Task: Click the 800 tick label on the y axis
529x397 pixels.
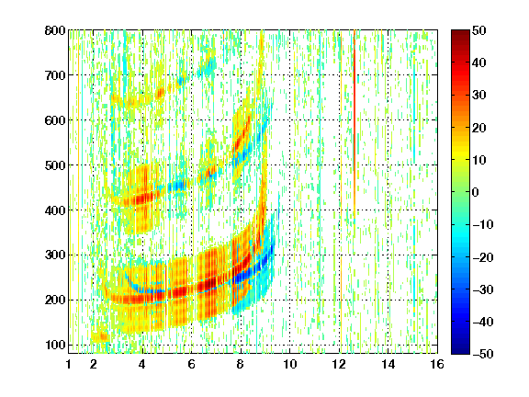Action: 55,30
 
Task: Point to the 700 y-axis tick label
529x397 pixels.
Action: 55,75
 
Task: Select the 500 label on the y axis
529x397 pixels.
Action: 55,165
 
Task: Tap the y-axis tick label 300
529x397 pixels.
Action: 55,255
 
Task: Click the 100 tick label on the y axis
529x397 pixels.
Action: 55,345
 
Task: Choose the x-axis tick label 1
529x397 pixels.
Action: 69,364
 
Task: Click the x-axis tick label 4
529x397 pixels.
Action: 142,364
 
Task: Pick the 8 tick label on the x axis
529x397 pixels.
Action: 241,364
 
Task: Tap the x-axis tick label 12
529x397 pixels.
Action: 339,364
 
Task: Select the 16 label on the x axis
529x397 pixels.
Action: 437,364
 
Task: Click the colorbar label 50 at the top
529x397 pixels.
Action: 479,30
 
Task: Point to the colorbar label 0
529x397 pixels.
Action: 476,192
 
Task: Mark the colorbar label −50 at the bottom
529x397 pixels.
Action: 483,354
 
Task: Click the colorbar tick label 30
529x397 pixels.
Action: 479,96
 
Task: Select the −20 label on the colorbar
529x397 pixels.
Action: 483,257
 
